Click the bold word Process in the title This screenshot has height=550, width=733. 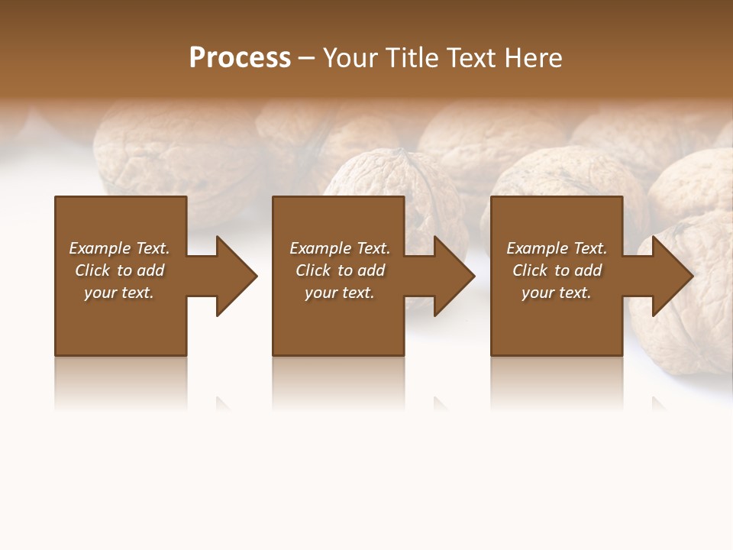pyautogui.click(x=240, y=58)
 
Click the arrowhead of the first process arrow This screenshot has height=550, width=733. pyautogui.click(x=236, y=276)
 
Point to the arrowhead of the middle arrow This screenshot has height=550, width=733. pyautogui.click(x=454, y=276)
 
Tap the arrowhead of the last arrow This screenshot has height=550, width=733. pyautogui.click(x=672, y=276)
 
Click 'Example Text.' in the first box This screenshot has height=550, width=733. pyautogui.click(x=119, y=248)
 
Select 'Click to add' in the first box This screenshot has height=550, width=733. pyautogui.click(x=119, y=270)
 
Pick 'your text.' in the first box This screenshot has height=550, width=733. pyautogui.click(x=119, y=293)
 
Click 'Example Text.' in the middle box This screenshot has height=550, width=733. pyautogui.click(x=340, y=248)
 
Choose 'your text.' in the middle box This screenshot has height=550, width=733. pyautogui.click(x=340, y=293)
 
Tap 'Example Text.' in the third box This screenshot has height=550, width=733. pyautogui.click(x=557, y=248)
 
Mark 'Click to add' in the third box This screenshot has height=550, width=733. pyautogui.click(x=557, y=270)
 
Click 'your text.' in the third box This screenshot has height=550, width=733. pyautogui.click(x=557, y=293)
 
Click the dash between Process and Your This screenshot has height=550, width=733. pyautogui.click(x=306, y=59)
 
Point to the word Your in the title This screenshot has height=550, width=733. pyautogui.click(x=349, y=58)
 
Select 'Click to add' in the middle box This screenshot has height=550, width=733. pyautogui.click(x=340, y=270)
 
